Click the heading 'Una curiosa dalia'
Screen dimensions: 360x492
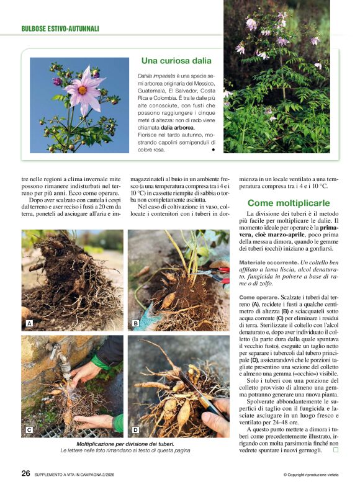(176, 61)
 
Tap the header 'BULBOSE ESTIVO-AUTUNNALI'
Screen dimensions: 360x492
(60, 29)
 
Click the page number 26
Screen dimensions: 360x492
(26, 473)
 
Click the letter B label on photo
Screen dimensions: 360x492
(135, 324)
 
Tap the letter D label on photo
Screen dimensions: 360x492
(135, 429)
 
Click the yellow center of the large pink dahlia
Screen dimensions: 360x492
(83, 90)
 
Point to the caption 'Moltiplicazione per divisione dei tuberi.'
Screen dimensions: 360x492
(125, 444)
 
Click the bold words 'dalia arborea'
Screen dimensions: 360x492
(173, 127)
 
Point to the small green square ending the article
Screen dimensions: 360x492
(335, 450)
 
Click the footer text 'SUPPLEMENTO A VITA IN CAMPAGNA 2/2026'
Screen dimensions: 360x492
(87, 474)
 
